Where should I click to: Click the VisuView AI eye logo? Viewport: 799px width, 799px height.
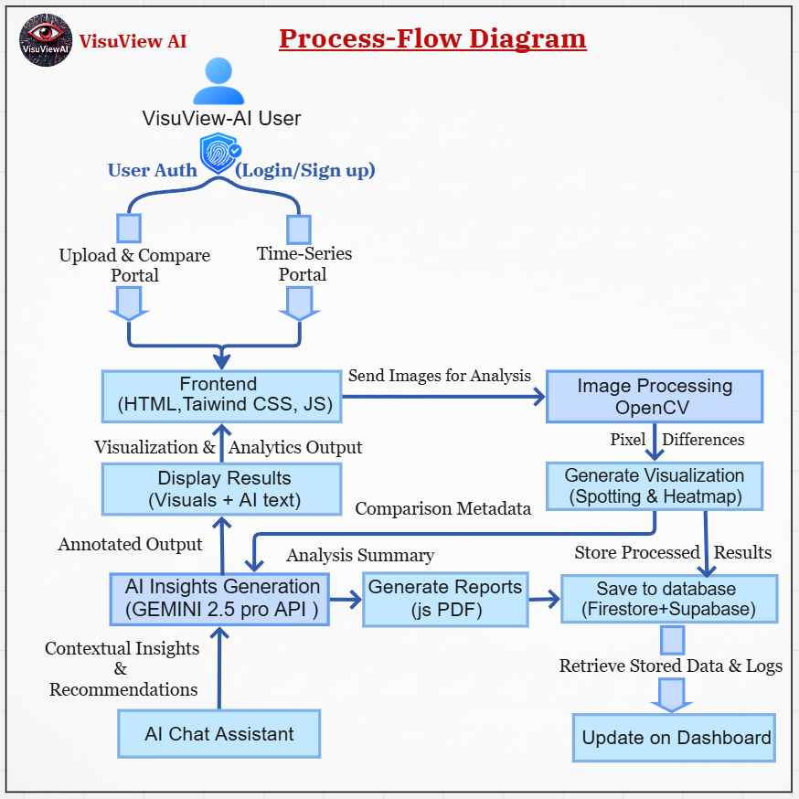point(46,39)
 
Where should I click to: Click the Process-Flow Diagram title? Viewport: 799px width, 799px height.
point(432,38)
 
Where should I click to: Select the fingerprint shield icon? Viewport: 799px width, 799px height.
point(219,154)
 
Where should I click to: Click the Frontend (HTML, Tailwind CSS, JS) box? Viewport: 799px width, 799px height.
point(221,397)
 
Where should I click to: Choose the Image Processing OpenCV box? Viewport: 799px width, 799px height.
point(655,397)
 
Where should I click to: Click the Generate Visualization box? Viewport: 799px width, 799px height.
point(655,486)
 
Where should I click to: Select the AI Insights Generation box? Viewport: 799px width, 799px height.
point(221,599)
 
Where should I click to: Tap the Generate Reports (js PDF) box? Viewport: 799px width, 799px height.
point(445,599)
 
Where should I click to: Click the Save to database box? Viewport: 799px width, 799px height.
point(669,599)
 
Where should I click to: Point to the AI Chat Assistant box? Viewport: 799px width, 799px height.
point(219,734)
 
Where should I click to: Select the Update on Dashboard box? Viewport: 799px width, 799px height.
point(675,738)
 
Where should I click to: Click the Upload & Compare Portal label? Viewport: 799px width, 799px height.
point(134,264)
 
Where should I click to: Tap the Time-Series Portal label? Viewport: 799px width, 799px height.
point(304,263)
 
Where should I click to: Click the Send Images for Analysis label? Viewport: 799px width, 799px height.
point(440,375)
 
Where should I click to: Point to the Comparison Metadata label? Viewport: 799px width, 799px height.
point(443,509)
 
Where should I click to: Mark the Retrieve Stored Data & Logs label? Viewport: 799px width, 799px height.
point(671,666)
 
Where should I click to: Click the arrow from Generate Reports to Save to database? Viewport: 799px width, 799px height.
point(544,600)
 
